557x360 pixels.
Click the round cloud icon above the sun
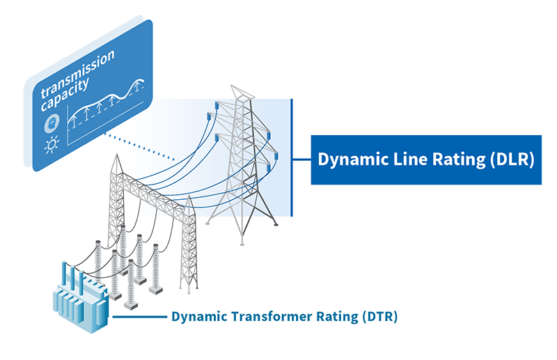pyautogui.click(x=51, y=124)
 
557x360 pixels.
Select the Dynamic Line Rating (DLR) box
pyautogui.click(x=425, y=159)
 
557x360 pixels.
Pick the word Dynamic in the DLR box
pyautogui.click(x=347, y=159)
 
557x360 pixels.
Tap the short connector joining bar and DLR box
pyautogui.click(x=301, y=159)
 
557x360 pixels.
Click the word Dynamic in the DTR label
pyautogui.click(x=195, y=317)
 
